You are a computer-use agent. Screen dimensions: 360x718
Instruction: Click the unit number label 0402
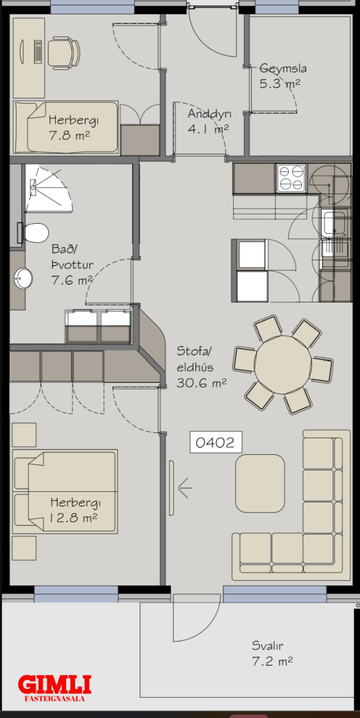click(x=215, y=442)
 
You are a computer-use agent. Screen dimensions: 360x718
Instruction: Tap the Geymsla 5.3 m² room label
click(x=282, y=76)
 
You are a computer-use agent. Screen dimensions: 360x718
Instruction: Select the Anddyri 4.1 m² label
click(x=209, y=121)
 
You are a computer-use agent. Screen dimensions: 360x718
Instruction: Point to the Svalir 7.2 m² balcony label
click(x=272, y=653)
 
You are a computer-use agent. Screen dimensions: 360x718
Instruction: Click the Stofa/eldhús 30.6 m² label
click(x=202, y=367)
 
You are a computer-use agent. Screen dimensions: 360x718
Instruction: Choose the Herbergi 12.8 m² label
click(x=75, y=510)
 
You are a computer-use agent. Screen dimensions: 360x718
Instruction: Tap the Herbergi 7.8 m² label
click(x=74, y=127)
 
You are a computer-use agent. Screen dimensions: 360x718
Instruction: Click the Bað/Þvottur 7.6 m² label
click(x=72, y=264)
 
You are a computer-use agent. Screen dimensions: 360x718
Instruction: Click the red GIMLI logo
click(x=55, y=684)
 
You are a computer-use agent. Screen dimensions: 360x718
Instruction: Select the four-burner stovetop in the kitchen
click(x=291, y=178)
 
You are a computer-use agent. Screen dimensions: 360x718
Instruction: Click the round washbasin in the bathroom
click(x=23, y=278)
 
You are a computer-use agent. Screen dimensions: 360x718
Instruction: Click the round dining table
click(x=283, y=364)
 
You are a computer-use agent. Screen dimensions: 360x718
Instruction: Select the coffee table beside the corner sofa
click(x=260, y=483)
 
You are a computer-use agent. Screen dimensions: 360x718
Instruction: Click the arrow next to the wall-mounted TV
click(x=185, y=488)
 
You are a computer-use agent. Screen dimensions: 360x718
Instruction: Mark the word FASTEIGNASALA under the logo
click(x=55, y=699)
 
